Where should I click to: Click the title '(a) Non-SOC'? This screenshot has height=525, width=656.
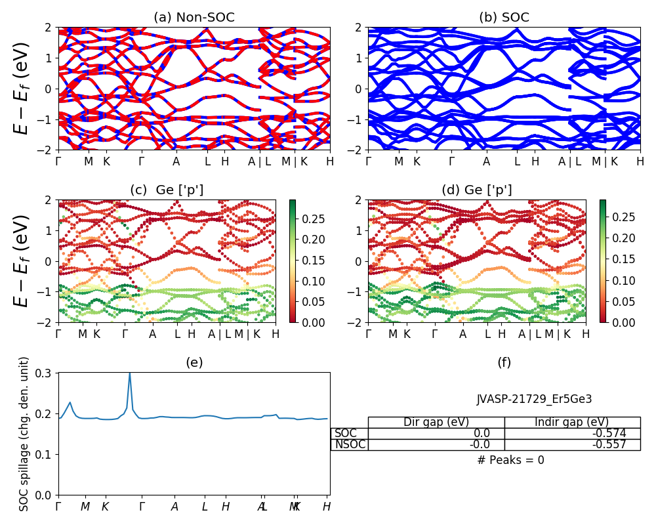coord(194,18)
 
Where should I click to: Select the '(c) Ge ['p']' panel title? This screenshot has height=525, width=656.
coord(167,190)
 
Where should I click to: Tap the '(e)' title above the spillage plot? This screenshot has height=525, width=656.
coord(194,362)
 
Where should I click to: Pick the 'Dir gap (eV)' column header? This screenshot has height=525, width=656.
coord(436,422)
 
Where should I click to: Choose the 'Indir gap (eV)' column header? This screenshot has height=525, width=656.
coord(572,422)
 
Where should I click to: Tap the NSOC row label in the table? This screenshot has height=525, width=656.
coord(350,444)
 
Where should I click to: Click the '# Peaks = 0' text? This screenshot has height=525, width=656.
coord(510,460)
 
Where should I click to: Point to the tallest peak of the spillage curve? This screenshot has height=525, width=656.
coord(129,373)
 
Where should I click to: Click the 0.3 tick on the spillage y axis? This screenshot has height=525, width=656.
coord(48,373)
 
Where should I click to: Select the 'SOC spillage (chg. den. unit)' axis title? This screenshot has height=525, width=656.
coord(24,434)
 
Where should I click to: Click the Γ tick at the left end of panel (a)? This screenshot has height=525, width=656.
coord(58,161)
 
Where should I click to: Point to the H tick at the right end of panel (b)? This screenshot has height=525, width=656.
coord(640,161)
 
